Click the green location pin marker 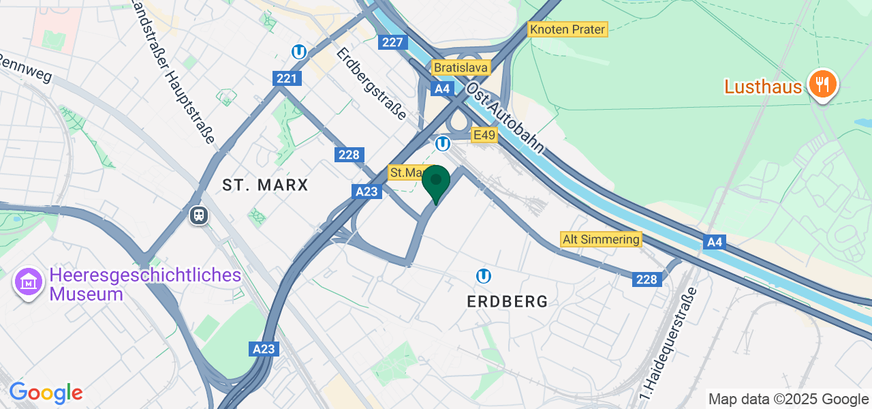coord(436,182)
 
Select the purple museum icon coord(29,282)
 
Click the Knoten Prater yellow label coord(567,29)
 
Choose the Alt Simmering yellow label coord(601,239)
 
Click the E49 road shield coord(484,135)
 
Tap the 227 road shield coord(393,42)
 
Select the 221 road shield coord(287,78)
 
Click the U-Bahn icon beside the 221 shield coord(298,52)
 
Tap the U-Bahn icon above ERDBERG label coord(484,275)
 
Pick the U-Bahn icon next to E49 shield coord(443,144)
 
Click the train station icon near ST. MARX coord(199,215)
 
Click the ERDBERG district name coord(508,301)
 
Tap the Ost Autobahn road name coord(505,118)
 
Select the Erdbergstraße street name coord(372,83)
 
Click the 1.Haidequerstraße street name coord(669,344)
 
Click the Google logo coord(46,393)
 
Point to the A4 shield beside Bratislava coord(443,89)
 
